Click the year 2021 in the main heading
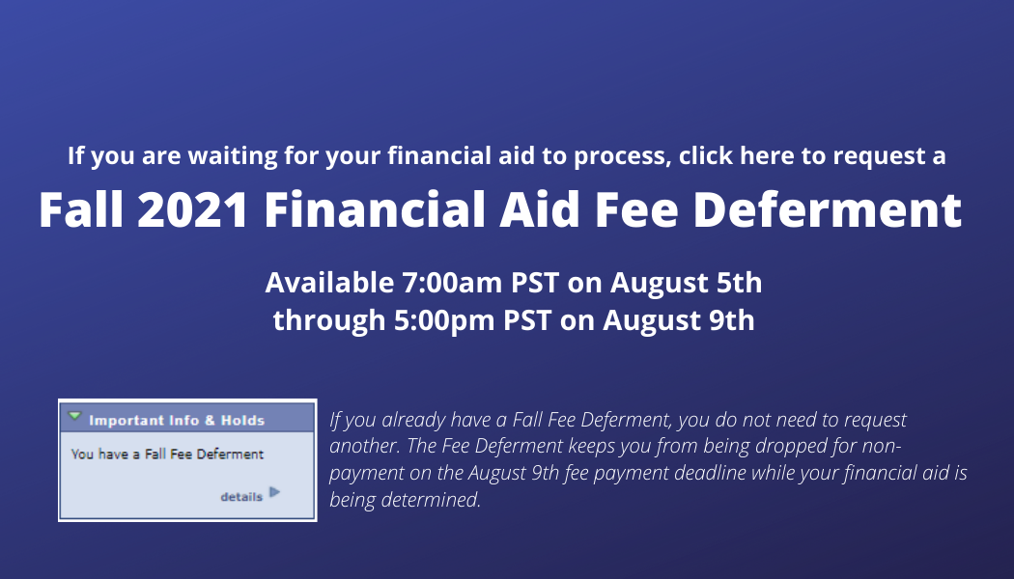coord(193,209)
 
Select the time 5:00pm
coord(445,320)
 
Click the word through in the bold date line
coord(329,321)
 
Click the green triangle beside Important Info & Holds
coord(75,416)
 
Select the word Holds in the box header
coord(242,421)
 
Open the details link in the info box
coord(241,497)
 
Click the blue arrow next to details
coord(275,492)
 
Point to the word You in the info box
coord(82,455)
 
